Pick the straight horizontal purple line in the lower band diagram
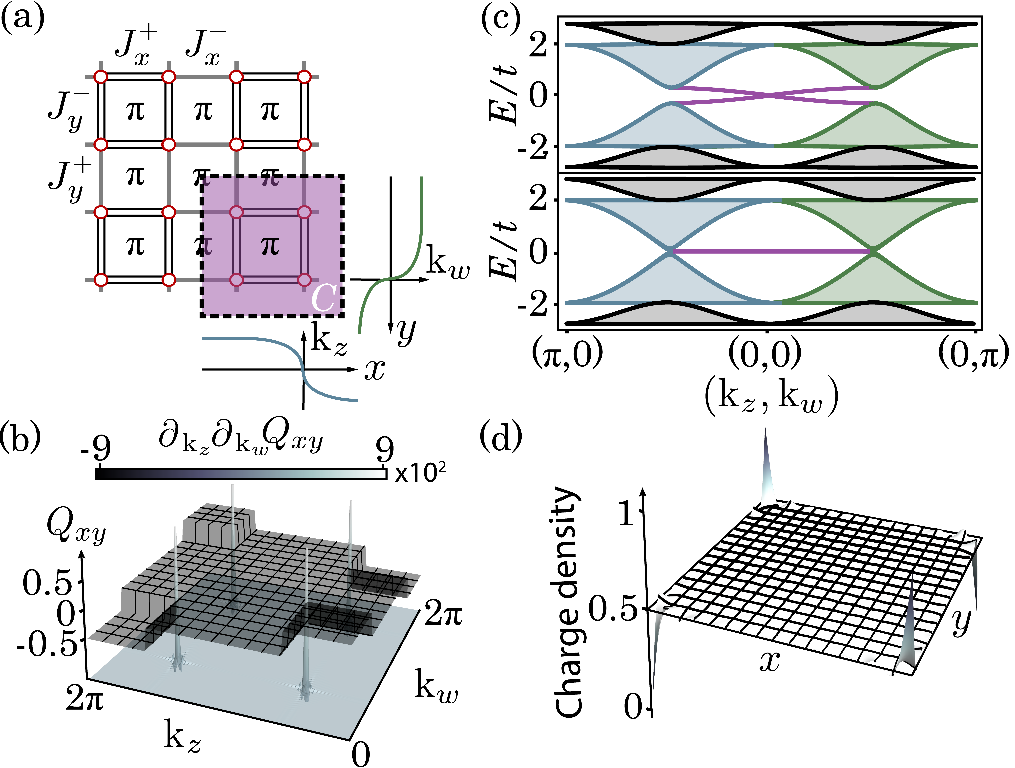tap(771, 251)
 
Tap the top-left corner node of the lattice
tap(101, 77)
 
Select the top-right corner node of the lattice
tap(304, 77)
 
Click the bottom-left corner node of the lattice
tap(101, 280)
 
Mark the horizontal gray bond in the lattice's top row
tap(202, 77)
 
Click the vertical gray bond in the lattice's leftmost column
tap(101, 178)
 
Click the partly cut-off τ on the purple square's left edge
tap(207, 246)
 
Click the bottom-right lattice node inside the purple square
tap(304, 280)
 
